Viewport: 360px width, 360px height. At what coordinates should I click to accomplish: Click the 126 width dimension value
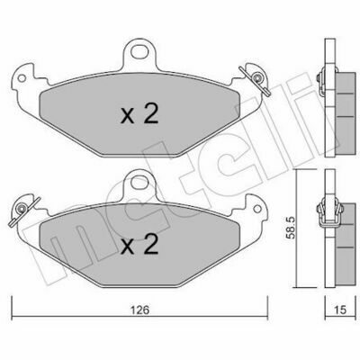(x=140, y=310)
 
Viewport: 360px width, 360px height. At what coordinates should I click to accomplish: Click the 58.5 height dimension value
(x=291, y=228)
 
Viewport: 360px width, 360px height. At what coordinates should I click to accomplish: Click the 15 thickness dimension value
(x=339, y=310)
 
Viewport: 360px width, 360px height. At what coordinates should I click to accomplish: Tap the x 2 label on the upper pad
(x=139, y=114)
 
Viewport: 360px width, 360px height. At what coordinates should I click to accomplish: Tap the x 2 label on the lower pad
(x=139, y=244)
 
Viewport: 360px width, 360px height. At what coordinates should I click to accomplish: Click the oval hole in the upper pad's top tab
(x=139, y=53)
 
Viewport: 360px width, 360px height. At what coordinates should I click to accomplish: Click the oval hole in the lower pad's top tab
(x=139, y=182)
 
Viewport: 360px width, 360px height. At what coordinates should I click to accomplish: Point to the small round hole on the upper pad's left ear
(x=22, y=78)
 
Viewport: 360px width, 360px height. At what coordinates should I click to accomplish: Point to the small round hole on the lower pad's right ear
(x=257, y=209)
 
